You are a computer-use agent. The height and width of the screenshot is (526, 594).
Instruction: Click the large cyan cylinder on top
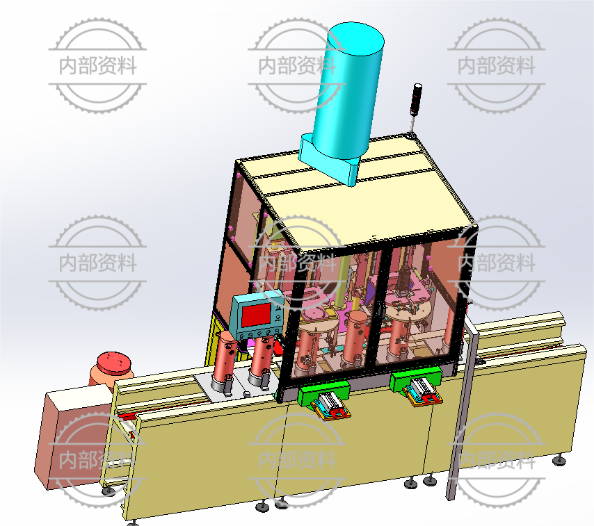coord(348,91)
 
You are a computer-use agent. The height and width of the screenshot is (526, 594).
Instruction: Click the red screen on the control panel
coord(256,315)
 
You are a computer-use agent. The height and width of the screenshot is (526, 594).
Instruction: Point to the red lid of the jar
coord(114,363)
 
